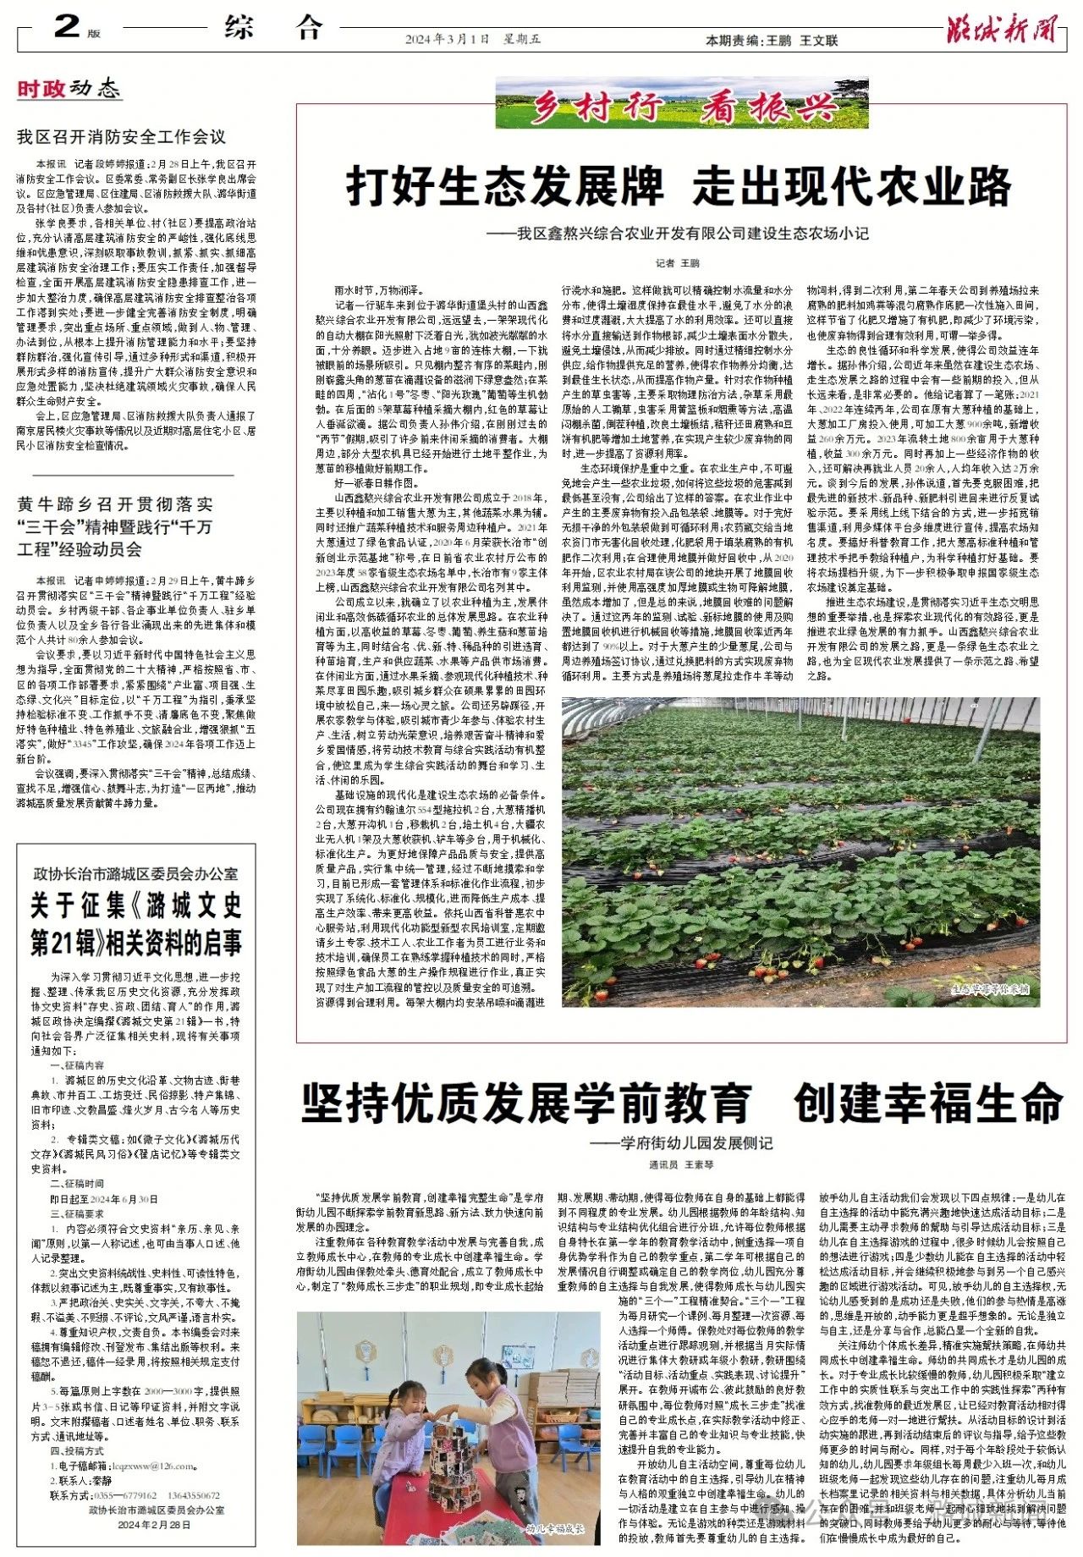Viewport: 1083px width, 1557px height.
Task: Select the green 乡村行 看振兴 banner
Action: point(681,103)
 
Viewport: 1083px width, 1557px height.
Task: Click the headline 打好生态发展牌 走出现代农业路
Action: point(679,186)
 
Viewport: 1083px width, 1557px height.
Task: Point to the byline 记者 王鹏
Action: point(679,263)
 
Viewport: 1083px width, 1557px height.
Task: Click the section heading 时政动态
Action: point(69,88)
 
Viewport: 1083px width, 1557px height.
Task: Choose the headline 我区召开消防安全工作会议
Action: point(122,136)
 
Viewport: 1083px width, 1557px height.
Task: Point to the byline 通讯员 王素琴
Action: point(681,1165)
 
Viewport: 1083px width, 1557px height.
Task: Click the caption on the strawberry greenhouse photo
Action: point(990,988)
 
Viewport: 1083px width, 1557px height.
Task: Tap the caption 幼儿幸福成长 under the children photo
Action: point(554,1529)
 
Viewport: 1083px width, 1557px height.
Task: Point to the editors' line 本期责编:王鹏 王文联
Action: point(772,40)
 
